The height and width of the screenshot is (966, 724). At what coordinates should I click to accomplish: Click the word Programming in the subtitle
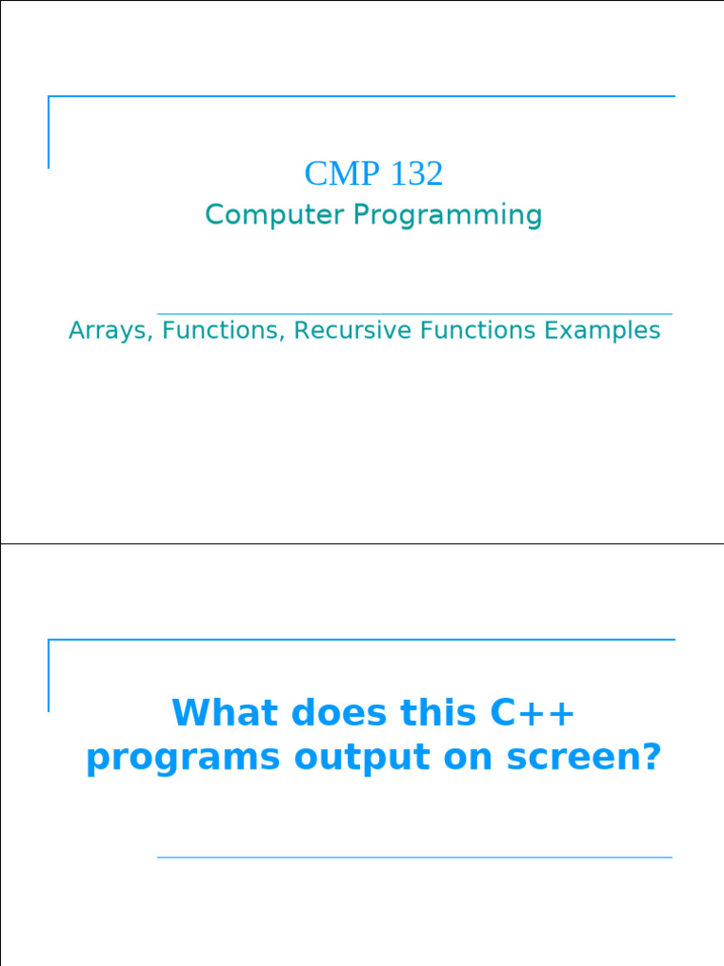click(448, 216)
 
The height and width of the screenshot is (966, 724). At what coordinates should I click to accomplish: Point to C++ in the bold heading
click(533, 713)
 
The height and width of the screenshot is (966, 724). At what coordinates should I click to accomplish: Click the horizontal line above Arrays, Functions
click(415, 314)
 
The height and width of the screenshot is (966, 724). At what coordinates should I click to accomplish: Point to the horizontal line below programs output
click(415, 858)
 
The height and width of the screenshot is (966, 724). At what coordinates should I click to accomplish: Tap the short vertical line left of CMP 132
click(48, 132)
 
